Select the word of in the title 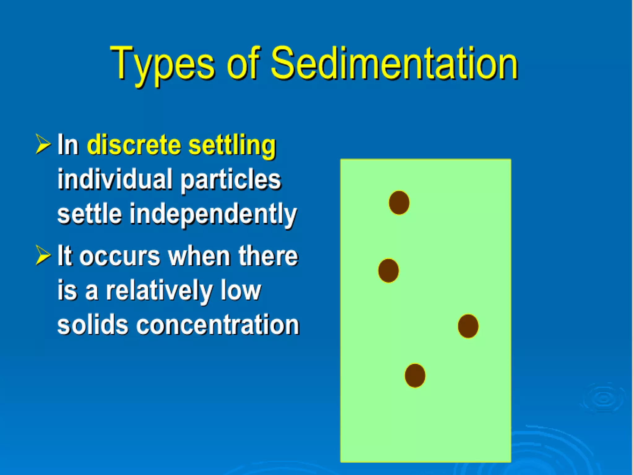(x=243, y=63)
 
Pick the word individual (x=115, y=179)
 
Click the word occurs (x=120, y=256)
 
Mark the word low (x=241, y=290)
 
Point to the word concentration (x=218, y=325)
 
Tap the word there (x=268, y=256)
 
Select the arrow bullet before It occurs (x=43, y=255)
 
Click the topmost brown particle (x=399, y=203)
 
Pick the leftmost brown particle (x=389, y=271)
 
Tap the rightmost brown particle (x=468, y=326)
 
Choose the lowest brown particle (x=415, y=375)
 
